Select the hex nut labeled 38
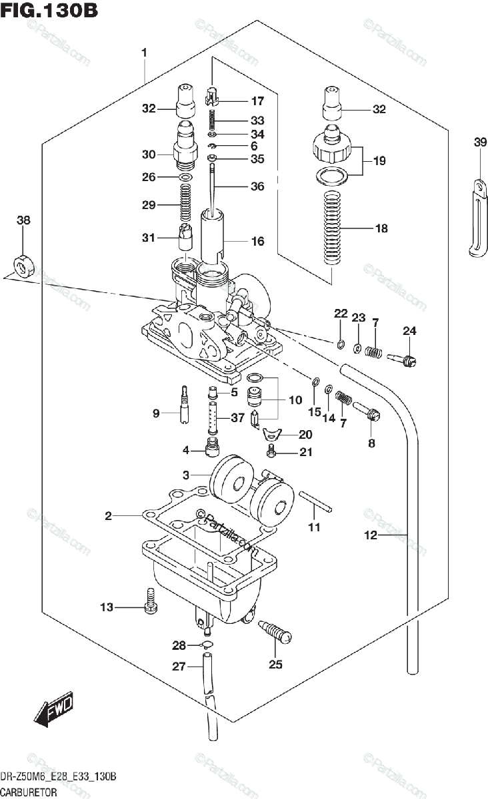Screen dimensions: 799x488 pos(23,266)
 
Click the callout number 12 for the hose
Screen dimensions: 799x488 pos(371,535)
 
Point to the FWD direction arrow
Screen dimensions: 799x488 pos(54,712)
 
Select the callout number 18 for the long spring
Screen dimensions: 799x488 pos(381,228)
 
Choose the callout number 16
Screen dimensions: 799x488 pos(257,241)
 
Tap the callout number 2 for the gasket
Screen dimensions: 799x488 pos(108,515)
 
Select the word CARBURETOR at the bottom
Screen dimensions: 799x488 pos(28,792)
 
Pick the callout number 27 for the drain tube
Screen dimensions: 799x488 pos(178,666)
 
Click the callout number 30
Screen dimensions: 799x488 pos(148,154)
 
